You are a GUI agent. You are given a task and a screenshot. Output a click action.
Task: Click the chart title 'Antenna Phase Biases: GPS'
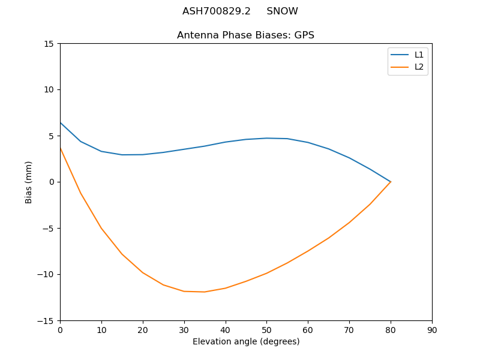point(245,35)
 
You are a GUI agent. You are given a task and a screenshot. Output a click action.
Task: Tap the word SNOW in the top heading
point(282,11)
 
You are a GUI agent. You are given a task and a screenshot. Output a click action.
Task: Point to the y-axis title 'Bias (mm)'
point(29,182)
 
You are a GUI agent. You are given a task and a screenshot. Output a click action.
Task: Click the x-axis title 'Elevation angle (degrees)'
point(246,342)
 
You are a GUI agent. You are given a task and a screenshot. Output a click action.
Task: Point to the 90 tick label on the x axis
point(432,330)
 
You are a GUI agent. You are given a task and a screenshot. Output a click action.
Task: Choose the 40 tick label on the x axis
point(226,330)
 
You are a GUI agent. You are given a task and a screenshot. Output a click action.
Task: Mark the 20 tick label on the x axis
point(143,330)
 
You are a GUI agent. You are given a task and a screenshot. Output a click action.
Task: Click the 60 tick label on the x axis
point(308,330)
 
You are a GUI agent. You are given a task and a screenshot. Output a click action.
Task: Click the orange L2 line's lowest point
point(205,292)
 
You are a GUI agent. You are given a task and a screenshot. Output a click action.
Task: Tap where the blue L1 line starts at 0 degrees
point(61,123)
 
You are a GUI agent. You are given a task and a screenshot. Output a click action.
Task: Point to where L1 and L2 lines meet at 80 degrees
point(391,182)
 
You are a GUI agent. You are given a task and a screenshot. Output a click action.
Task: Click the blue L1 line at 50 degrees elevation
point(266,138)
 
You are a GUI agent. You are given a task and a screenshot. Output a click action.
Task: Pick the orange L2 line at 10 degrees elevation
point(101,229)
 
